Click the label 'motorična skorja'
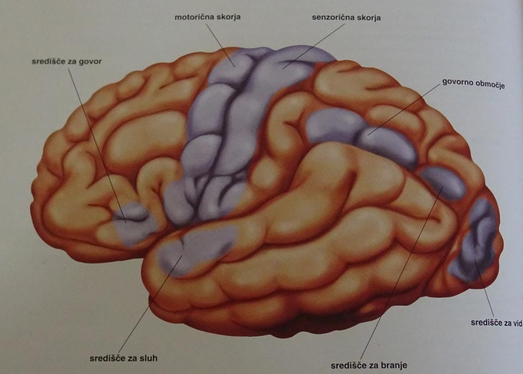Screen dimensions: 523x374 (x=208, y=17)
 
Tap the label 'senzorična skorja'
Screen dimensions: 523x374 (x=346, y=17)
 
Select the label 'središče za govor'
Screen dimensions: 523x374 (x=66, y=62)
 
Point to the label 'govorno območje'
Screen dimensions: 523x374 (x=473, y=83)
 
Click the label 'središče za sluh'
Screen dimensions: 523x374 (x=124, y=358)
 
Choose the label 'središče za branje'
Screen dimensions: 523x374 (x=369, y=365)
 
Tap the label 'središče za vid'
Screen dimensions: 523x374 (x=496, y=323)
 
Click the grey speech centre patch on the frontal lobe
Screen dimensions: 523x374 (x=134, y=223)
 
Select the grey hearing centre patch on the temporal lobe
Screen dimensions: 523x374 (x=197, y=248)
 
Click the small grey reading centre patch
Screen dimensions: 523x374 (x=443, y=183)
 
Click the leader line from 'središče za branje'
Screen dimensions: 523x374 (x=402, y=273)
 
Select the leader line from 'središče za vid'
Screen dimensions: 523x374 (x=484, y=287)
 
